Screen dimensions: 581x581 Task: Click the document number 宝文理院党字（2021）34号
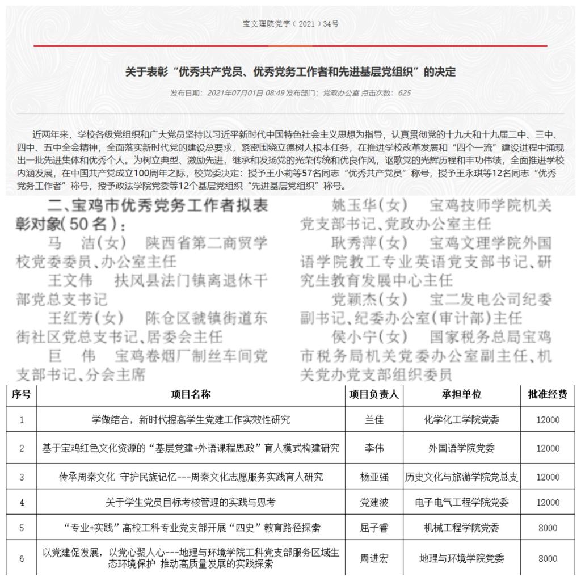[x=290, y=24]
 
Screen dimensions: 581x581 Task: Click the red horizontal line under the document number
[x=290, y=45]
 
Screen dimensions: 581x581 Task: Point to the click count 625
[x=404, y=92]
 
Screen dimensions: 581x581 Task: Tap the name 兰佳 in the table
[x=373, y=420]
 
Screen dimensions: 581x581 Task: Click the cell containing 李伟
[x=373, y=448]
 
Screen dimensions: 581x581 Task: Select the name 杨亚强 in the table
[x=373, y=477]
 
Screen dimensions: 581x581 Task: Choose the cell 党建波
[x=373, y=502]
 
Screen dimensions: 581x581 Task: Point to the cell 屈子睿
[x=373, y=528]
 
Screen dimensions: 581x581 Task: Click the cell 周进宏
[x=373, y=558]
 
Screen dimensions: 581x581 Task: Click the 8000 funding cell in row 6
[x=548, y=558]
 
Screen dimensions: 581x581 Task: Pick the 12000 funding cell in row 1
[x=548, y=420]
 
